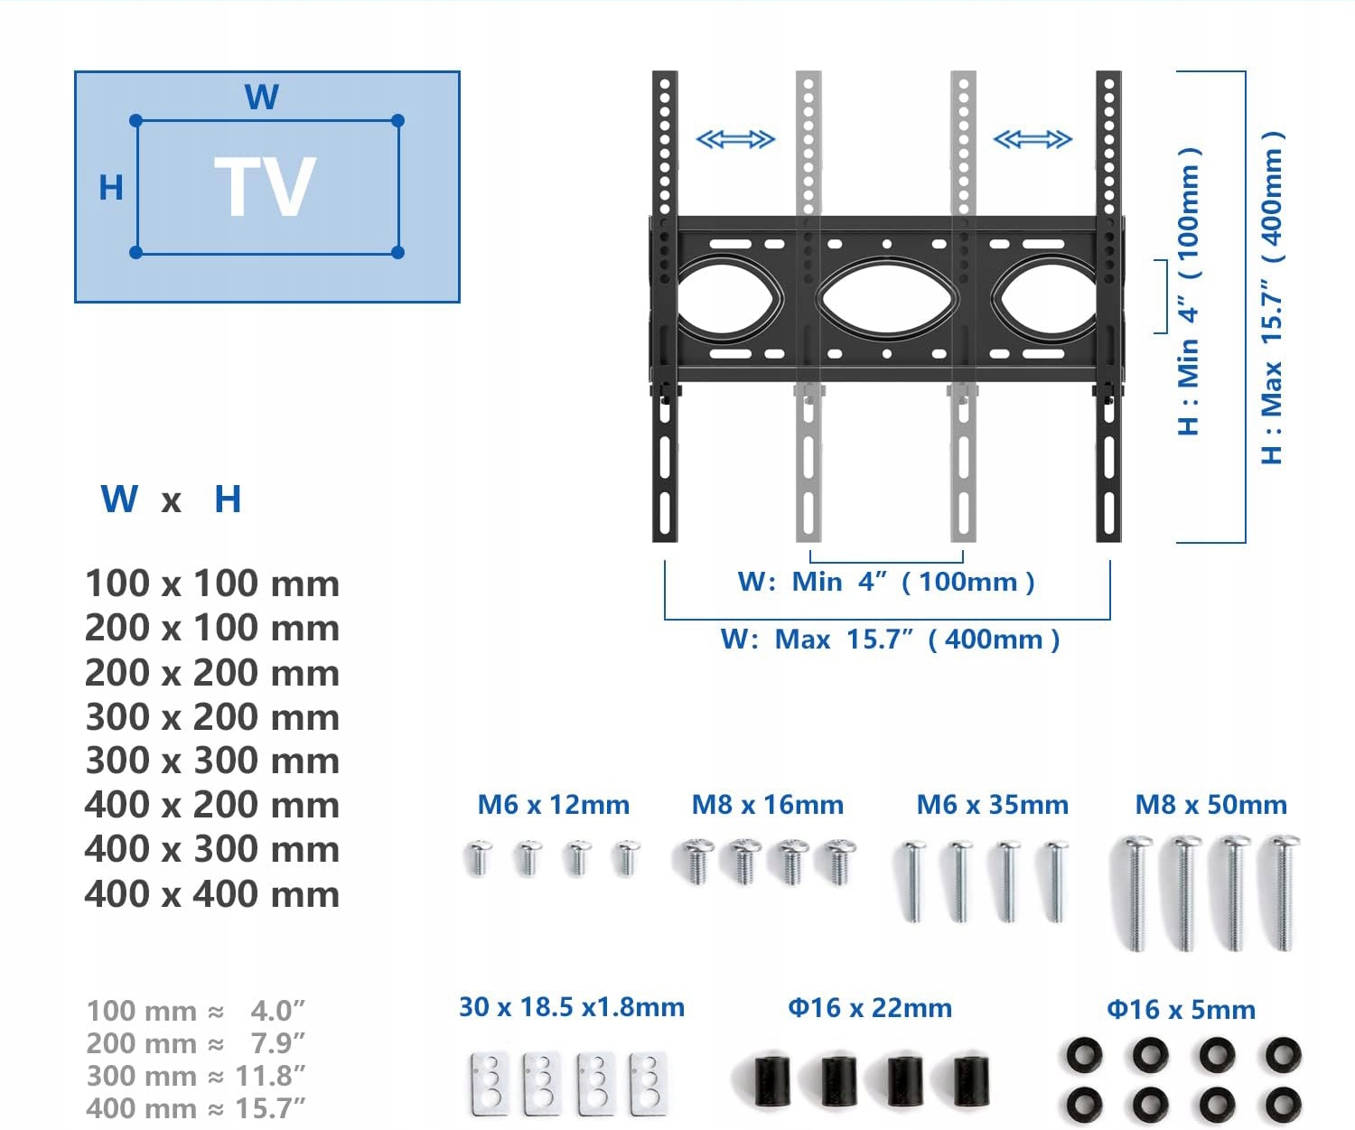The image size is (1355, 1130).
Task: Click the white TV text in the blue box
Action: pyautogui.click(x=265, y=187)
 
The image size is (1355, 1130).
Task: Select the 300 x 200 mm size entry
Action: pyautogui.click(x=212, y=717)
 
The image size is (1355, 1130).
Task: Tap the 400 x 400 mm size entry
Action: pyautogui.click(x=212, y=894)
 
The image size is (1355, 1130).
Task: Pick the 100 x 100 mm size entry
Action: pyautogui.click(x=212, y=584)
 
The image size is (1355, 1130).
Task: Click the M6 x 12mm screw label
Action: pyautogui.click(x=553, y=805)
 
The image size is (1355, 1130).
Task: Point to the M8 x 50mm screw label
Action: pyautogui.click(x=1210, y=805)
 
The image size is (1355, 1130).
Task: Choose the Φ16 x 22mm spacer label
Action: pyautogui.click(x=870, y=1008)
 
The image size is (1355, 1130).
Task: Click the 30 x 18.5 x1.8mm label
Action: pyautogui.click(x=571, y=1007)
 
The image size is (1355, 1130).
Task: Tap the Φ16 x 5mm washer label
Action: pyautogui.click(x=1181, y=1010)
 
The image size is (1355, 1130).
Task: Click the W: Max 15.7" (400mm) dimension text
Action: pyautogui.click(x=890, y=640)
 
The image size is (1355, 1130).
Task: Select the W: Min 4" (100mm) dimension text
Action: pyautogui.click(x=886, y=582)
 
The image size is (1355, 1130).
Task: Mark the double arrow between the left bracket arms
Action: pyautogui.click(x=735, y=139)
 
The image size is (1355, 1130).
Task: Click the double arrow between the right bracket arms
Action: pyautogui.click(x=1032, y=139)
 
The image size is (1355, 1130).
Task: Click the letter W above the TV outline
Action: pyautogui.click(x=262, y=97)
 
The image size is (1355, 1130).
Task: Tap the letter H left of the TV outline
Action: pyautogui.click(x=111, y=188)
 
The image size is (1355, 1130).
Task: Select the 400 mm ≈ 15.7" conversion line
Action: pyautogui.click(x=196, y=1108)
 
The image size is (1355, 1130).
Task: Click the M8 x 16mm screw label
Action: pyautogui.click(x=768, y=805)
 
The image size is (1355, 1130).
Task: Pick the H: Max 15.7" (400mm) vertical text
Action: pyautogui.click(x=1272, y=298)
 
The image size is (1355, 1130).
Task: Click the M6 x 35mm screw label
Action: pyautogui.click(x=992, y=805)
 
